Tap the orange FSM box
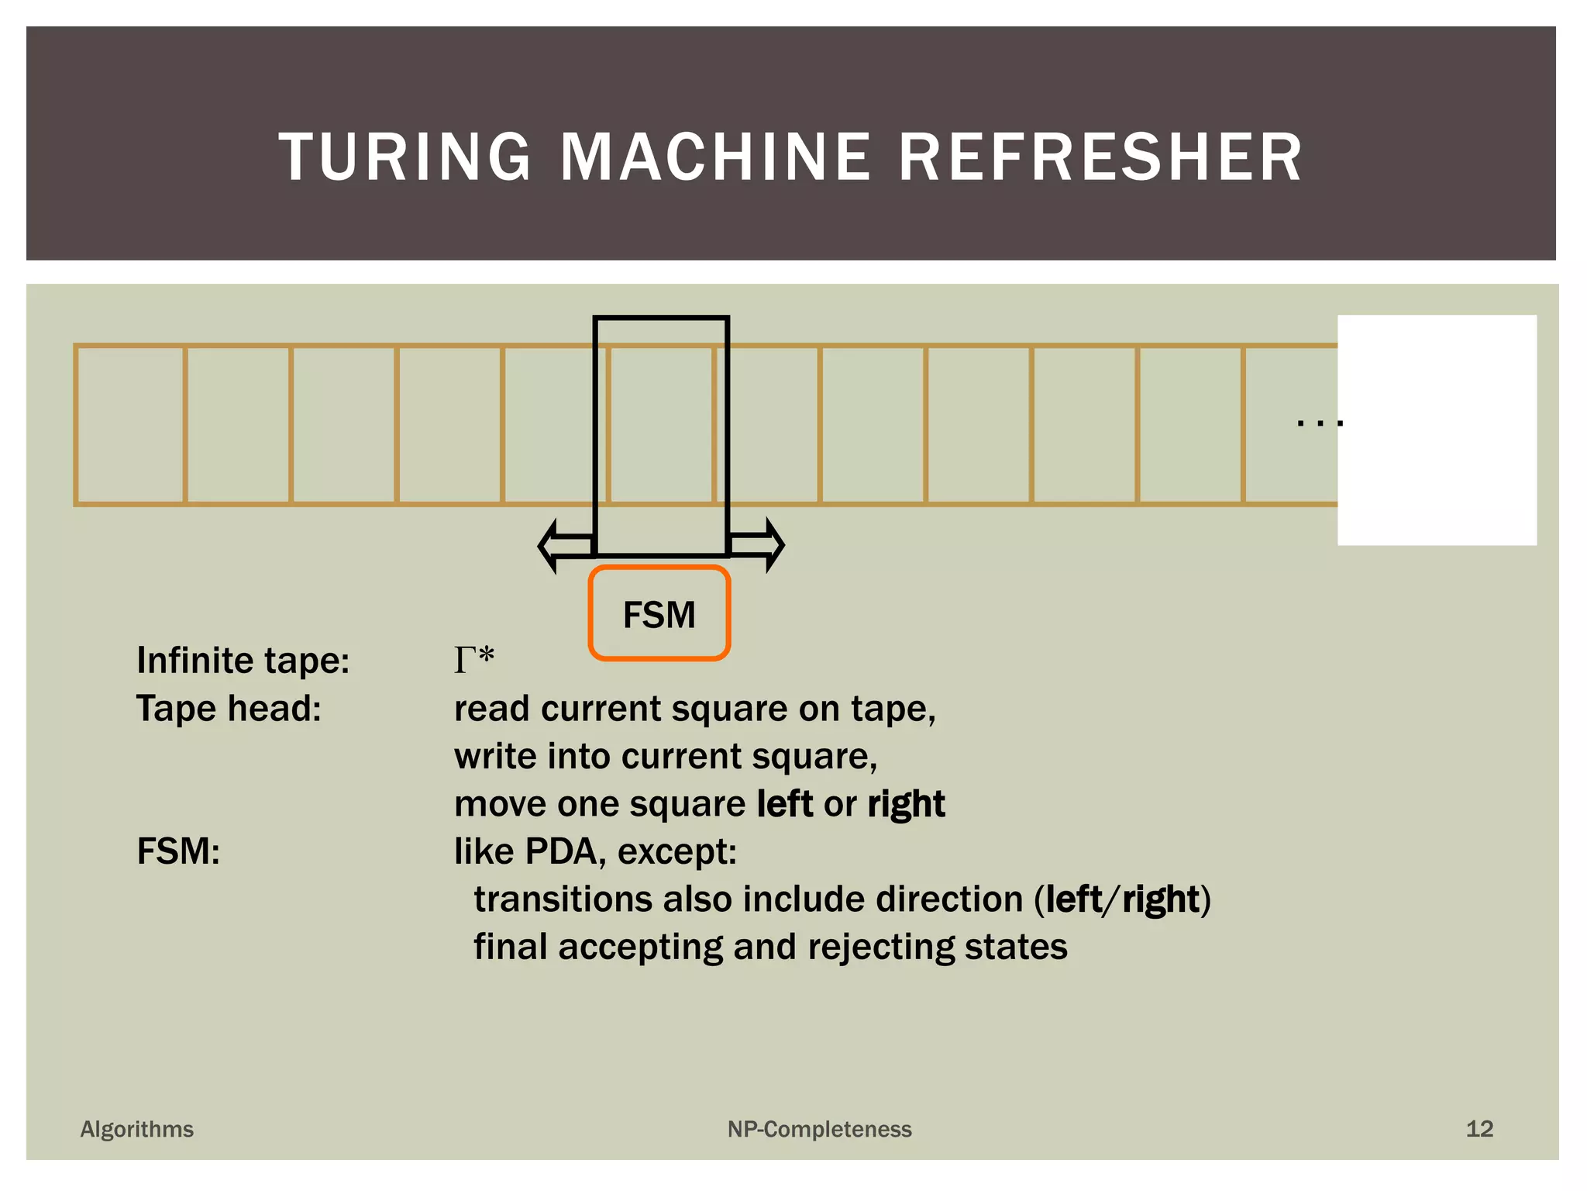tap(659, 613)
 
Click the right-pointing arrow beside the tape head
tap(758, 545)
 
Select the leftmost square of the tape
tap(131, 425)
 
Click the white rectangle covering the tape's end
tap(1437, 430)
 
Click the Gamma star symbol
tap(473, 660)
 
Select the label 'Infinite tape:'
tap(243, 661)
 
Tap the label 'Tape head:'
tap(229, 709)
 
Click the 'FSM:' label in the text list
tap(178, 851)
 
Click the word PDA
tap(561, 851)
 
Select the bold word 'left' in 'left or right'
tap(784, 804)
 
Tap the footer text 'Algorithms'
tap(137, 1129)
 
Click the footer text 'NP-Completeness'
tap(819, 1129)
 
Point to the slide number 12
tap(1479, 1129)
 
